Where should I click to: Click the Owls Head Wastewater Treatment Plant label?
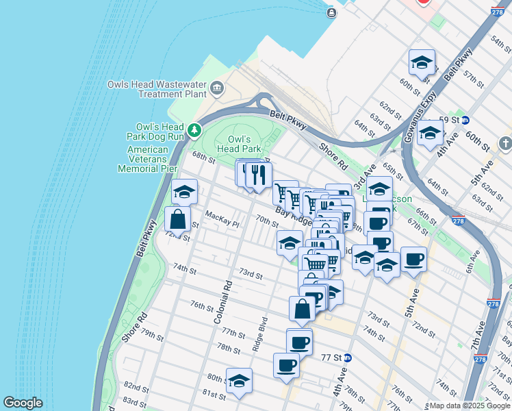coord(157,89)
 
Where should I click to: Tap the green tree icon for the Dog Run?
coord(195,129)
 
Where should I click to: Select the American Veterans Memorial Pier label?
coord(143,159)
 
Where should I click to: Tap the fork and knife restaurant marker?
coord(258,175)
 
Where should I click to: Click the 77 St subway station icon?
coord(348,358)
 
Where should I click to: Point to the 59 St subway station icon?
coord(465,120)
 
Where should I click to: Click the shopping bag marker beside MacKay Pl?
coord(178,221)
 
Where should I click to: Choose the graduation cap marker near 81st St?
coord(239,381)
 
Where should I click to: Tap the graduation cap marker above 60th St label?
coord(422,63)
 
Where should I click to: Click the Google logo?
coord(23,403)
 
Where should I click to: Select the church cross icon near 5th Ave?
coord(505,144)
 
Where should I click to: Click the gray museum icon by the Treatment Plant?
coord(218,87)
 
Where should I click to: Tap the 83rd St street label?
coord(135,401)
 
